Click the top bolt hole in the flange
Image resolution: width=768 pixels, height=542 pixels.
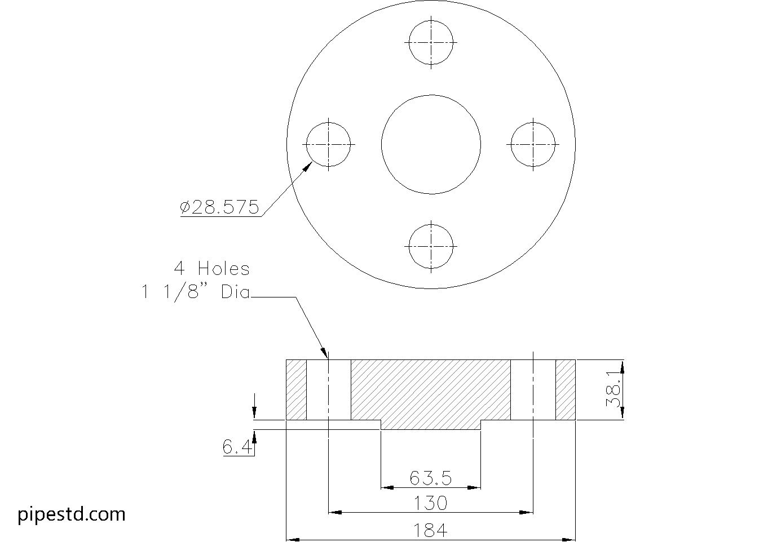[x=431, y=42]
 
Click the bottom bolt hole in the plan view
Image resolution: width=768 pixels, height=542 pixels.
[x=431, y=246]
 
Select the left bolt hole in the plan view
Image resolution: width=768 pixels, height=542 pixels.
[x=329, y=144]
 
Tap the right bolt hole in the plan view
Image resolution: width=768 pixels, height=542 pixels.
[x=533, y=144]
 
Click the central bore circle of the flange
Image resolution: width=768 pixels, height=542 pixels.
[x=431, y=144]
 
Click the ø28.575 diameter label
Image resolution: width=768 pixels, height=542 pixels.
[x=220, y=208]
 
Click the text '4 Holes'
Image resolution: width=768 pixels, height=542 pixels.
[x=211, y=269]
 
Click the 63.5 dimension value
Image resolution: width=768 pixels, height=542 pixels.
[x=431, y=478]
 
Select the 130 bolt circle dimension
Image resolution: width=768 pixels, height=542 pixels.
[x=431, y=503]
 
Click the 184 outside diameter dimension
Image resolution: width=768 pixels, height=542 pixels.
[x=431, y=530]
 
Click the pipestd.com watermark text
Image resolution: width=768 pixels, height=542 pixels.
[x=72, y=514]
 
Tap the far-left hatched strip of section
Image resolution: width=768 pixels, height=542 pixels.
[x=296, y=390]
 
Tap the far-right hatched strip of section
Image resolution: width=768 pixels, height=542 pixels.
[x=565, y=390]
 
